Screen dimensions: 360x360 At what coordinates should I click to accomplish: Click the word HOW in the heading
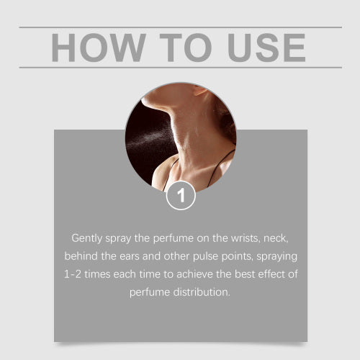(99, 48)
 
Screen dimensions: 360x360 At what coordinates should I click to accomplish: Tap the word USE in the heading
(266, 48)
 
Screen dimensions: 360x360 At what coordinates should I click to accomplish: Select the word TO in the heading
(186, 48)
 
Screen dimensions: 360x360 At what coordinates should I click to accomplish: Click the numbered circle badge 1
(181, 196)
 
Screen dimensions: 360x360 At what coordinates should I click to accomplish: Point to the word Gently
(87, 238)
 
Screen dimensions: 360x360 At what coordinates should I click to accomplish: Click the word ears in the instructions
(130, 256)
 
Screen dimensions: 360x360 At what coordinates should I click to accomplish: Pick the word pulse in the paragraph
(206, 256)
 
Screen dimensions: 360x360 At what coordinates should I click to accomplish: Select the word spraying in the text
(276, 256)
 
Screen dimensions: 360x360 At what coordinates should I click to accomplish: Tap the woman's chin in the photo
(150, 102)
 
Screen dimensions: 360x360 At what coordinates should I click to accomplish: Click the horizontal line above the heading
(181, 27)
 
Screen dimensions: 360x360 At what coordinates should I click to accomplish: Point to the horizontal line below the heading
(181, 68)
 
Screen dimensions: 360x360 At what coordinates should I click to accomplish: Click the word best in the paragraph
(245, 274)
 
